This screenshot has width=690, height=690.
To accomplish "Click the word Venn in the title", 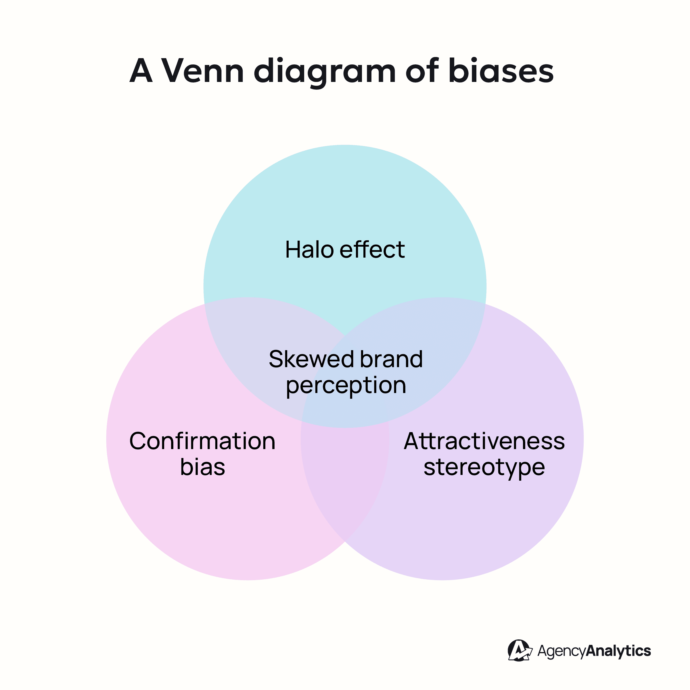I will pyautogui.click(x=202, y=71).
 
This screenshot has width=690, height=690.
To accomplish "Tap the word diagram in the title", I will pyautogui.click(x=325, y=72).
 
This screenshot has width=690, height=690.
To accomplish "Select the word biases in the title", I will pyautogui.click(x=501, y=71).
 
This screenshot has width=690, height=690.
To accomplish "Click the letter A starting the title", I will pyautogui.click(x=141, y=71).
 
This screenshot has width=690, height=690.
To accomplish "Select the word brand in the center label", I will pyautogui.click(x=391, y=359).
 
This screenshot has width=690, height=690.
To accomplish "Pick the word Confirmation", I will pyautogui.click(x=202, y=441).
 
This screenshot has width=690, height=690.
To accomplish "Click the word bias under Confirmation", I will pyautogui.click(x=202, y=467).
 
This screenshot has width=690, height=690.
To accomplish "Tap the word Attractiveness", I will pyautogui.click(x=484, y=441).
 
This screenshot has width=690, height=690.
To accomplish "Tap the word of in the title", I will pyautogui.click(x=422, y=71).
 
